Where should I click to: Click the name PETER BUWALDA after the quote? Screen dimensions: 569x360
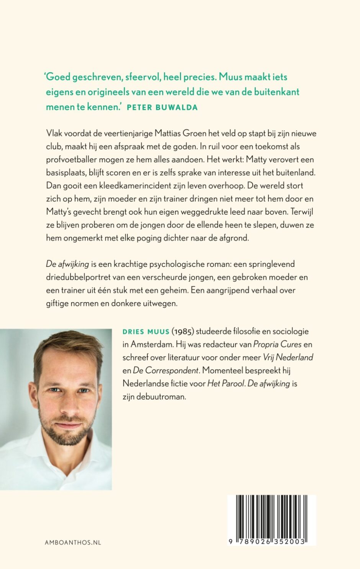pyautogui.click(x=162, y=108)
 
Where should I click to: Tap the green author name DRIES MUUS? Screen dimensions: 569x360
pyautogui.click(x=146, y=332)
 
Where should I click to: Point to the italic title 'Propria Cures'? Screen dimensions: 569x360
pyautogui.click(x=277, y=344)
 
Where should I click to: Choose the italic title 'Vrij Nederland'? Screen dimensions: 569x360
pyautogui.click(x=288, y=357)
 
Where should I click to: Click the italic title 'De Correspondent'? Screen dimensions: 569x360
pyautogui.click(x=166, y=370)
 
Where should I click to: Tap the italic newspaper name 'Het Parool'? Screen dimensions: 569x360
pyautogui.click(x=226, y=383)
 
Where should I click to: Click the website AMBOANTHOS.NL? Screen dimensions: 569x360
pyautogui.click(x=73, y=542)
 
